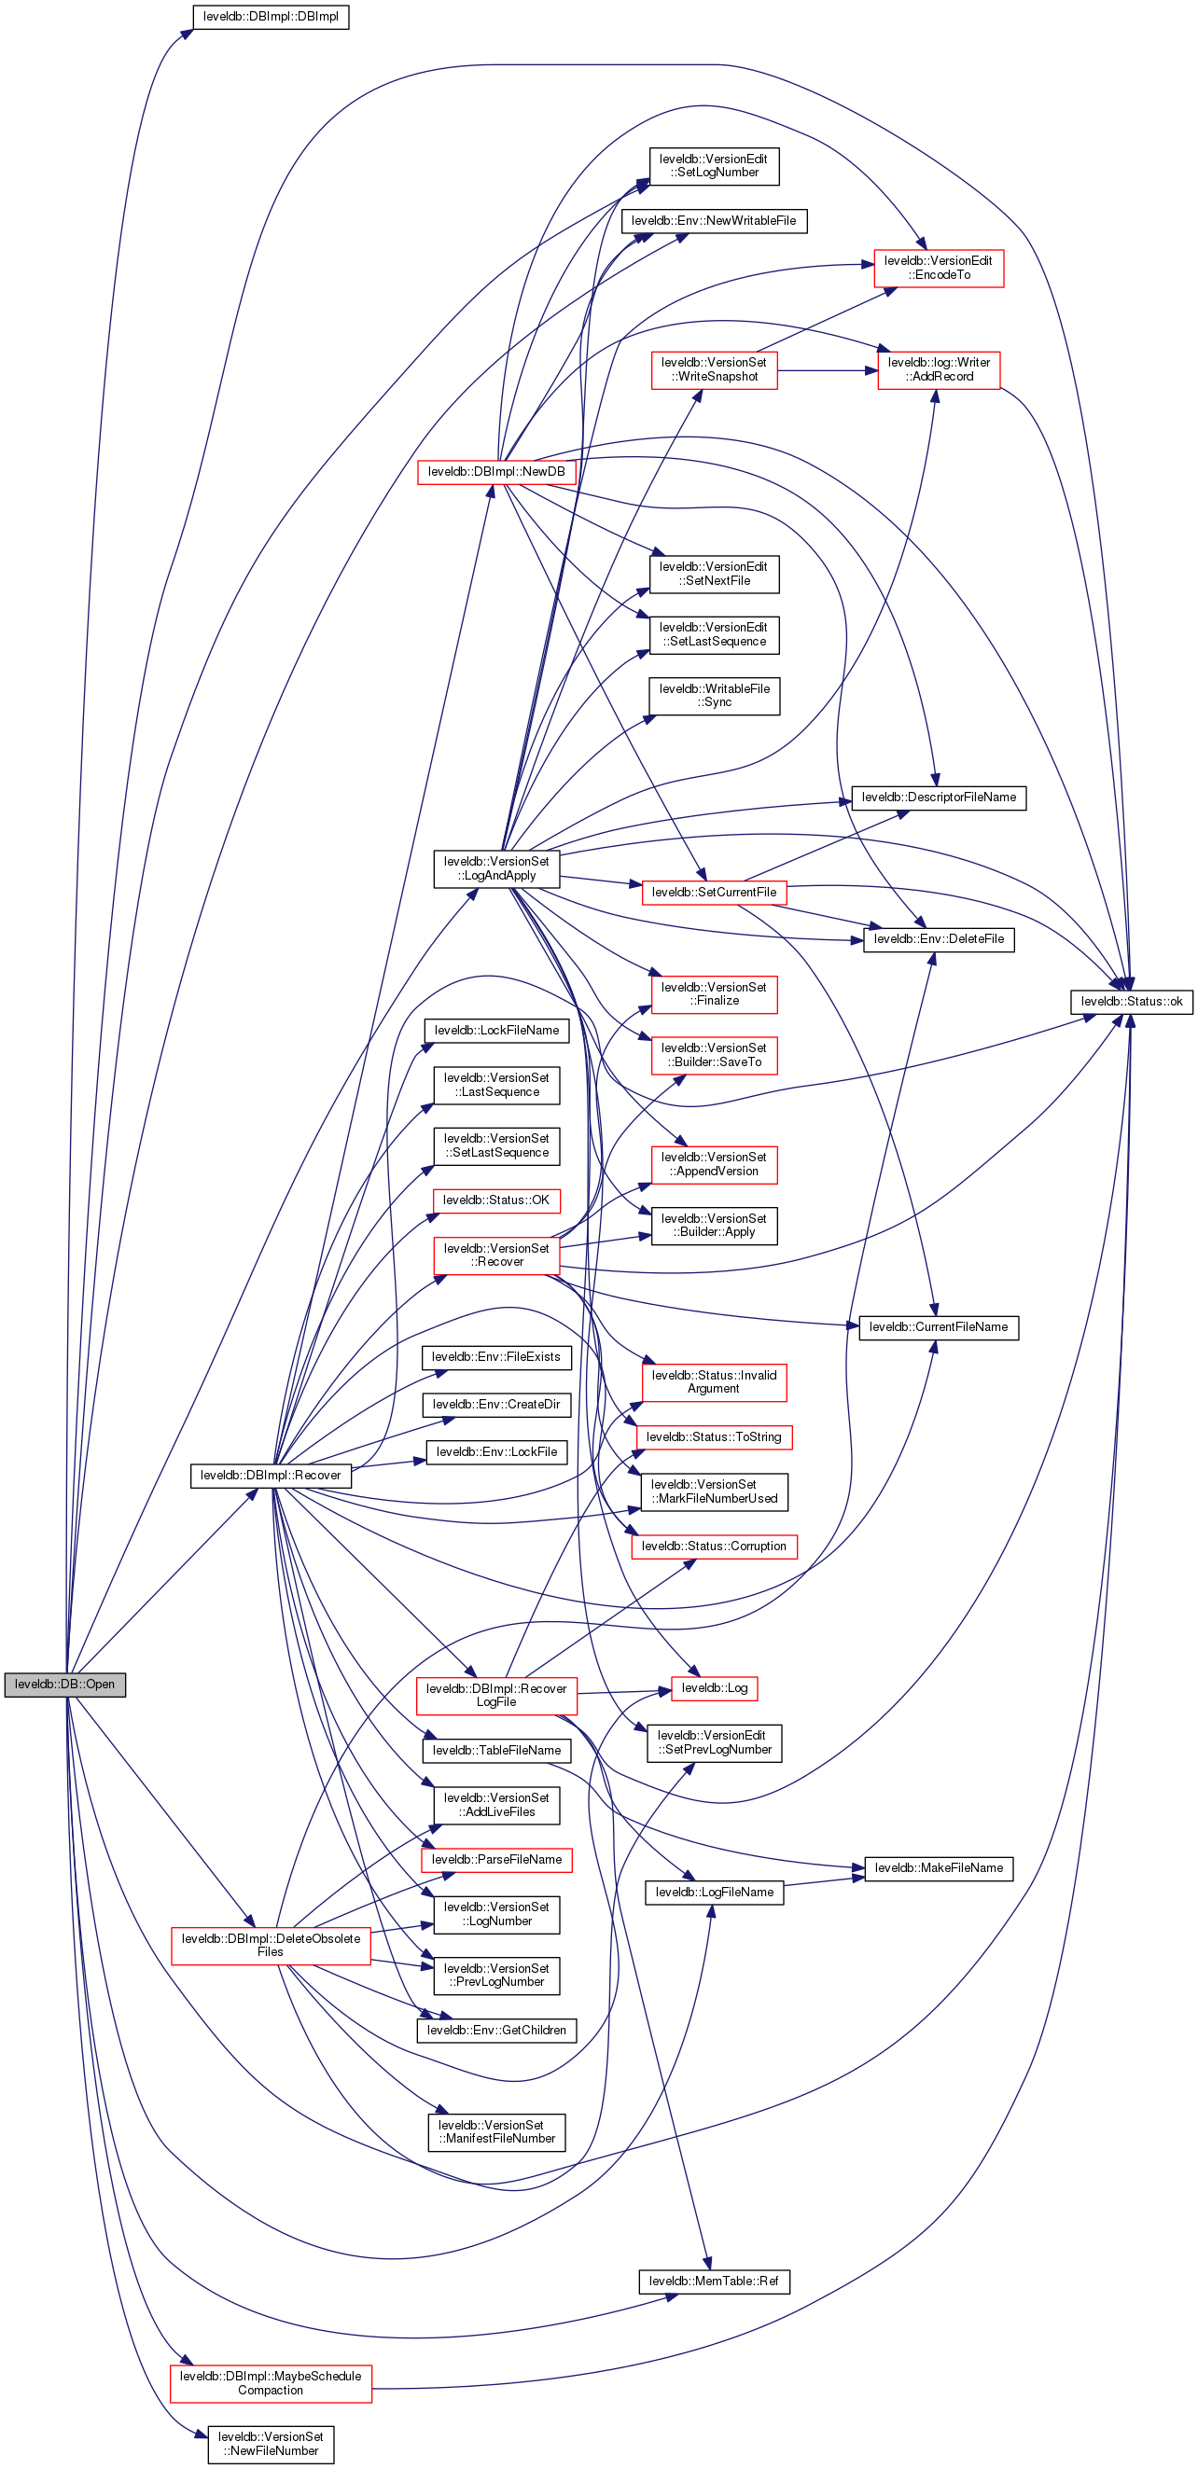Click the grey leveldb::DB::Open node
[64, 1684]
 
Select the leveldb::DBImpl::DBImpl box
[271, 16]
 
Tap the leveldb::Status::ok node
[1131, 1001]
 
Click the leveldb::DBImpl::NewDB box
[496, 472]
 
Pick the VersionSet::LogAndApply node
[496, 868]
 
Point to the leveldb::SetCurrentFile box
[714, 893]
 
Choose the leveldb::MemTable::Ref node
[714, 2282]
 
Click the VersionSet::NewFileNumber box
[271, 2443]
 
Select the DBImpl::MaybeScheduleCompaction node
[271, 2383]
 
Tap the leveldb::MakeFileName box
[939, 1868]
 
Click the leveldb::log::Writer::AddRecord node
[939, 370]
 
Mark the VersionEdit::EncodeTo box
[939, 268]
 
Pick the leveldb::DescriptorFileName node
[939, 798]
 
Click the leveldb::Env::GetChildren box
[496, 2030]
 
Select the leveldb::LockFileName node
[496, 1031]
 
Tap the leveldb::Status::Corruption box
[714, 1546]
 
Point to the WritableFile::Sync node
[714, 696]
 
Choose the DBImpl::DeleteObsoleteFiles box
[271, 1945]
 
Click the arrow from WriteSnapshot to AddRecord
[826, 370]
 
